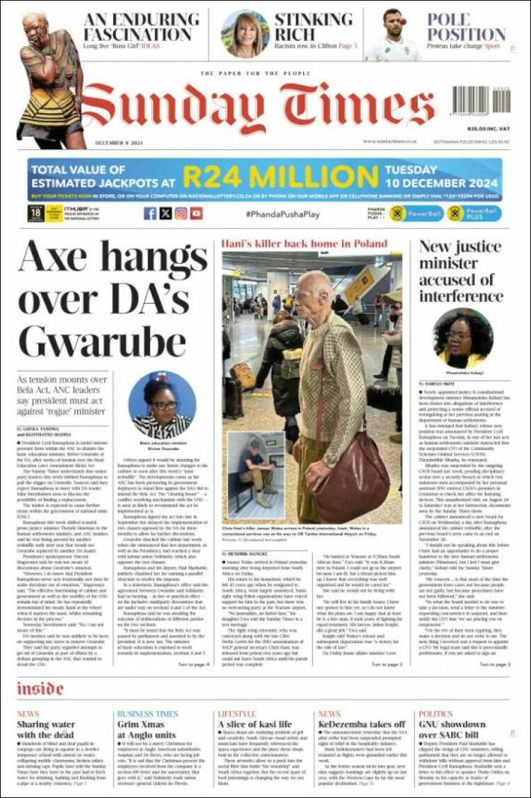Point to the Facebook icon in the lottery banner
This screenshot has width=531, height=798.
point(150,213)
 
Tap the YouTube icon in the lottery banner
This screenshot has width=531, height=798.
point(196,213)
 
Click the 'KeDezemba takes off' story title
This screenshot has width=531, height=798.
point(352,724)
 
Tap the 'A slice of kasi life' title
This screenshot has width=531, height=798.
point(254,724)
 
